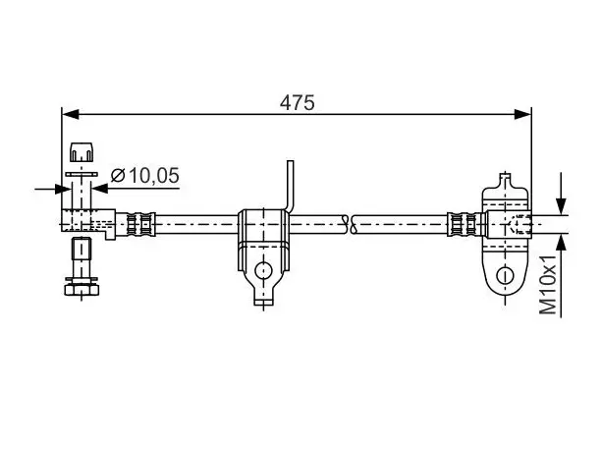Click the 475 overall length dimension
pos(297,103)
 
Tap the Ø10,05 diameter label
pos(145,176)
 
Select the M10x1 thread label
pos(548,284)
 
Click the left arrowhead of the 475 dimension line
pos(71,114)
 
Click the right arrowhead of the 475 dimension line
pos(522,114)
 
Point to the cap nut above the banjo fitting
pos(82,152)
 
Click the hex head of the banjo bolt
pos(82,290)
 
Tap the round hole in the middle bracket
pos(264,271)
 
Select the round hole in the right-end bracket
pos(505,275)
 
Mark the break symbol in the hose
pos(349,224)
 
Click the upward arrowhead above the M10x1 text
pos(561,243)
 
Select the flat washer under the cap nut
pos(82,174)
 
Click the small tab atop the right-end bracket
pos(506,180)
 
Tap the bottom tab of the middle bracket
pos(264,301)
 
